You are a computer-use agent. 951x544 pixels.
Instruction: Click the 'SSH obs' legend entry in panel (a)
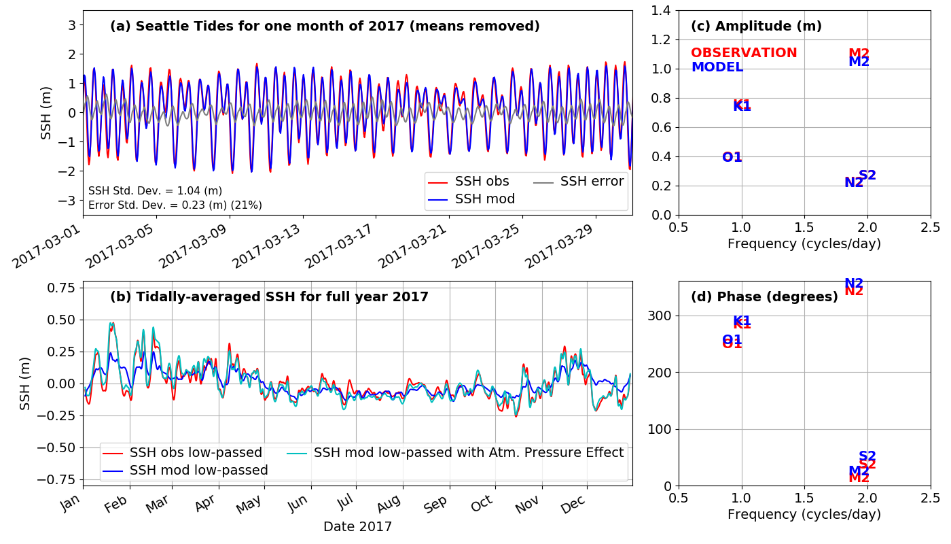pos(482,182)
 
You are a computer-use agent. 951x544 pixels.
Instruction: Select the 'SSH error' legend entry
pos(592,182)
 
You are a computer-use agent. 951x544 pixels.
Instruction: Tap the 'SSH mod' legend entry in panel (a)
pos(484,199)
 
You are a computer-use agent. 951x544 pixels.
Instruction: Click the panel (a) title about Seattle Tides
pos(325,27)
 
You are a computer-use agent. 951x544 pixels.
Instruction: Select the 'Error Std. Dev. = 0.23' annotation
pos(175,205)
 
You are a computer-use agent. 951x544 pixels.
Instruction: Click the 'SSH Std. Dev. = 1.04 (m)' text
pos(155,191)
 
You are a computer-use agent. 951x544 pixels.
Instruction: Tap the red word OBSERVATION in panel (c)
pos(744,53)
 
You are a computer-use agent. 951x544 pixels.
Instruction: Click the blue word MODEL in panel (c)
pos(717,67)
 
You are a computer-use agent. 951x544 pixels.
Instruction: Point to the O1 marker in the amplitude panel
pos(732,158)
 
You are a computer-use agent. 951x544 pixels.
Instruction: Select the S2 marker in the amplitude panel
pos(867,175)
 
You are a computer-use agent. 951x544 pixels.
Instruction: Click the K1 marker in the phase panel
pos(742,321)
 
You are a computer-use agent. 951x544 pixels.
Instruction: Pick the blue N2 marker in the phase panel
pos(854,284)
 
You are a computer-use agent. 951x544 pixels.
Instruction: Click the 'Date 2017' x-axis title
pos(357,526)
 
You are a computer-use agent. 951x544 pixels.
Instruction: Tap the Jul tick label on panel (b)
pos(347,505)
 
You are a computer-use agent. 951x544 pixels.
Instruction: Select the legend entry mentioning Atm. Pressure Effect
pos(468,453)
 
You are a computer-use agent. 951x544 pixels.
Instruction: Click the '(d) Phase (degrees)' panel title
pos(764,297)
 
